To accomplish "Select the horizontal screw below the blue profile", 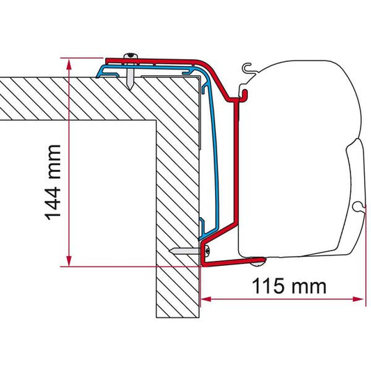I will tap(182, 251).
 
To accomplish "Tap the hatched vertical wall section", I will tap(177, 209).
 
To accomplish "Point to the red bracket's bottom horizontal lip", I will tap(230, 262).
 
